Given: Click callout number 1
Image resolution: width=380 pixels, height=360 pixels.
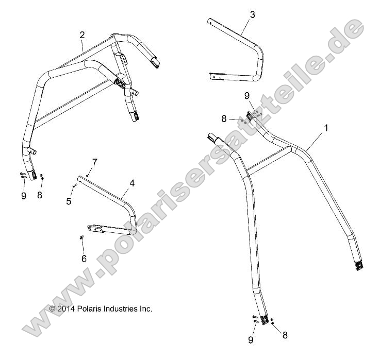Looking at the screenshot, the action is [325, 127].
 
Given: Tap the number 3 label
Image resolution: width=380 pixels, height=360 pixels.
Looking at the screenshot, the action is [252, 14].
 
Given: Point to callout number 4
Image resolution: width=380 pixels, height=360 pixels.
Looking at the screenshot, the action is [132, 183].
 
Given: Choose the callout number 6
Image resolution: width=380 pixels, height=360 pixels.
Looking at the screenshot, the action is [84, 259].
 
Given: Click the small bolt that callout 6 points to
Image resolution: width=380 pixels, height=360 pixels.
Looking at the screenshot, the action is [81, 237].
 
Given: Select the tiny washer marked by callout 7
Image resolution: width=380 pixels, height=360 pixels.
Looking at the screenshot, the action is [88, 176].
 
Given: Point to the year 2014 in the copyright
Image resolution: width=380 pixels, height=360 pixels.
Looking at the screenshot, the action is [65, 309].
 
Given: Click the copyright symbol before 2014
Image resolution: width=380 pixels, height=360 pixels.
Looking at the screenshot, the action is [52, 309].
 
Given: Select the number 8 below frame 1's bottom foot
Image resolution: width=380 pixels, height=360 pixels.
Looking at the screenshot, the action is [284, 335].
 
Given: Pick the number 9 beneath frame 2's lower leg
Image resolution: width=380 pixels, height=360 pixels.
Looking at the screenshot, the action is [24, 196].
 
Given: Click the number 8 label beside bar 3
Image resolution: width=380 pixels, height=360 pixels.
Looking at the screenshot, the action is [224, 118].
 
